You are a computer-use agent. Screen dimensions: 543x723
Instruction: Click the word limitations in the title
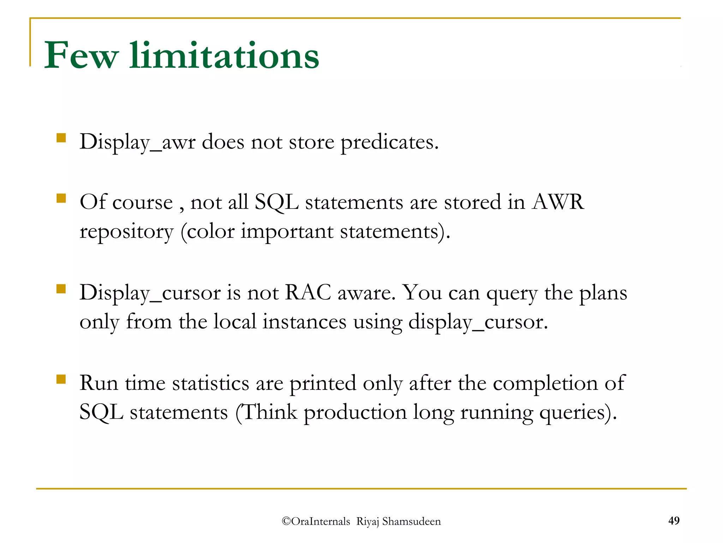224,56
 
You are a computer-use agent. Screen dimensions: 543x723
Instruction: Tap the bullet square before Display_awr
61,138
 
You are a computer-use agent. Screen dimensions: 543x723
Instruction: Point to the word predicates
389,142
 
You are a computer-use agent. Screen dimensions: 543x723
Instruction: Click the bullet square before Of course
61,198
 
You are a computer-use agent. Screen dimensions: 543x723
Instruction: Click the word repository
126,232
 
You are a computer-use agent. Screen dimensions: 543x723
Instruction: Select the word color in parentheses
210,232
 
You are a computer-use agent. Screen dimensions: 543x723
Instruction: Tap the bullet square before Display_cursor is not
61,289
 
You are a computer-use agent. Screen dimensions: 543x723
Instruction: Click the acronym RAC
308,293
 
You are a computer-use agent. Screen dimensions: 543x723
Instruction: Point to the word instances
304,322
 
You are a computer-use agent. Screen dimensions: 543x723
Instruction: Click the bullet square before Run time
61,379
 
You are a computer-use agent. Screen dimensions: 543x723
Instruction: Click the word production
355,413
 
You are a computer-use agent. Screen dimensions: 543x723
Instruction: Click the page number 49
674,520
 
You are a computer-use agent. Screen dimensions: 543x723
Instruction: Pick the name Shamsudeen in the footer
411,521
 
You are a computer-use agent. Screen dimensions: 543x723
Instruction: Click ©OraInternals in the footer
316,521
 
